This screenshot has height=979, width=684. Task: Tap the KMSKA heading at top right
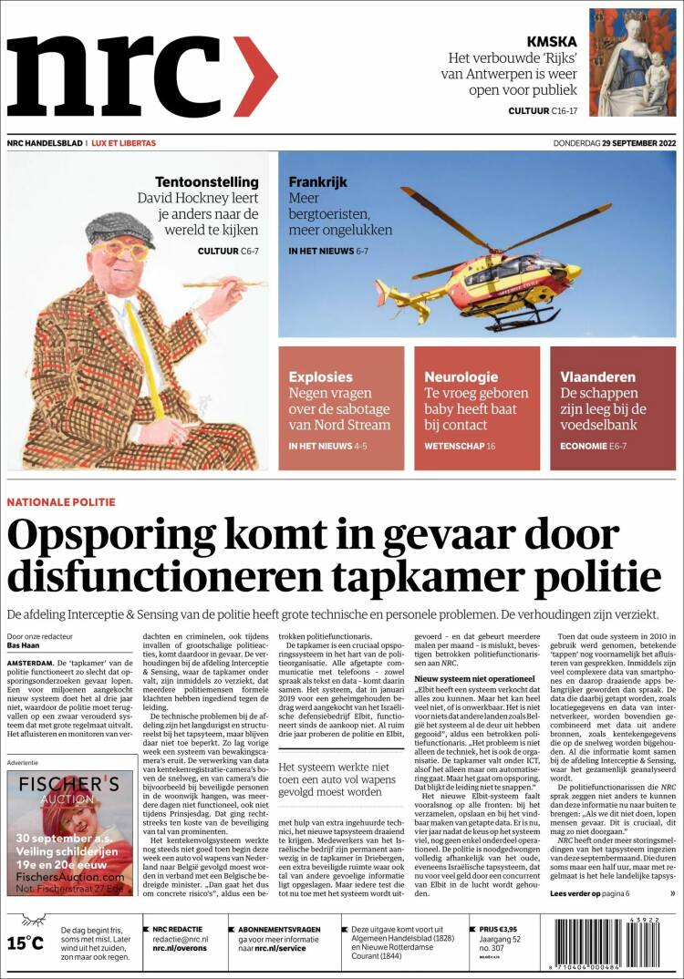click(x=551, y=41)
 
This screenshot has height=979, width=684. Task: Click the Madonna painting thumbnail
click(x=632, y=62)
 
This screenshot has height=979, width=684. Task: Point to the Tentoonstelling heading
click(x=206, y=181)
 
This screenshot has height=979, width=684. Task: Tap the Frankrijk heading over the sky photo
click(x=318, y=181)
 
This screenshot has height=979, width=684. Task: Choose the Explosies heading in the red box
click(x=320, y=376)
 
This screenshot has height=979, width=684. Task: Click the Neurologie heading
click(x=461, y=376)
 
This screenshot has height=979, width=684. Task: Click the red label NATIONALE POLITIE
click(x=61, y=501)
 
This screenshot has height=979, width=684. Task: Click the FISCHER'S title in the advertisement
click(x=70, y=783)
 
